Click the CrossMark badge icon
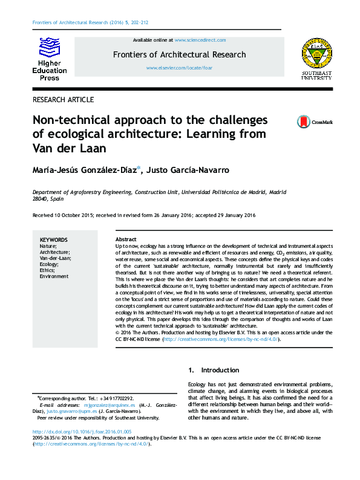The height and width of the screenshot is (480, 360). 303,122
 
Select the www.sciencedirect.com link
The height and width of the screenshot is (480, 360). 200,40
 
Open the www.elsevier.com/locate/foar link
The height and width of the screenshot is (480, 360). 179,68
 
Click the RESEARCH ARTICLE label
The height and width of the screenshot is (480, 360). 63,100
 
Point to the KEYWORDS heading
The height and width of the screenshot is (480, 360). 54,240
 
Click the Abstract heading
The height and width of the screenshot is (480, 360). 126,240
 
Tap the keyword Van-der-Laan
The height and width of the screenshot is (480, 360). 56,258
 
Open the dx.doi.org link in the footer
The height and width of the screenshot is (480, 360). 82,432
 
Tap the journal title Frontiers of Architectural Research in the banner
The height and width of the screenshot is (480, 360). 179,54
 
